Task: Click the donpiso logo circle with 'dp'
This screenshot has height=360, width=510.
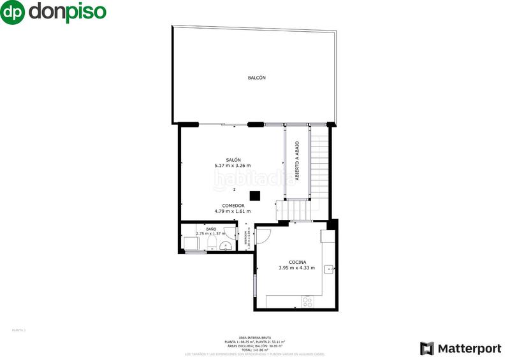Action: pos(13,12)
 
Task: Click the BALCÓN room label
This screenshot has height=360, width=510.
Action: pos(256,78)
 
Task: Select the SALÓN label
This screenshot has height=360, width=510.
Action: pos(233,159)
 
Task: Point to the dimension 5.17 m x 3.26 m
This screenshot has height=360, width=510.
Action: pos(233,166)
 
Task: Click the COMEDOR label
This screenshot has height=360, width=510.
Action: pos(233,205)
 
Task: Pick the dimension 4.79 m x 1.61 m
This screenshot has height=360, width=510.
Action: pos(233,212)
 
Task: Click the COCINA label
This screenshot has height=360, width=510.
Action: pos(297,262)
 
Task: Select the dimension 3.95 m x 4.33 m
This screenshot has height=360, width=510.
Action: pos(297,268)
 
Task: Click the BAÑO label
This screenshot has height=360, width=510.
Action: pos(211,228)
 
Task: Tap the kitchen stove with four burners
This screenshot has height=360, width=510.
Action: pos(307,301)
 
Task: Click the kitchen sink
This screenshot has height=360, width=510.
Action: pos(329,269)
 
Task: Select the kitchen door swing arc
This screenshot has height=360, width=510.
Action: pos(266,236)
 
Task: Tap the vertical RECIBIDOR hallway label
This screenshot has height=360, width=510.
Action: pos(247,237)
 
